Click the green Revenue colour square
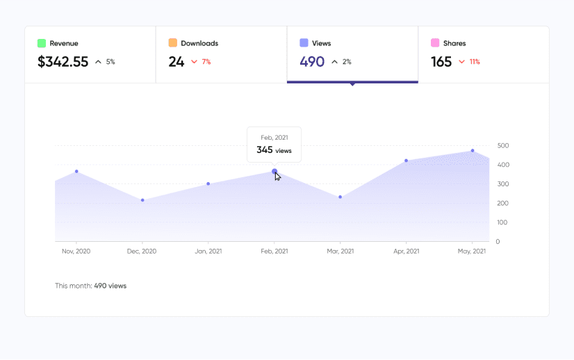[42, 43]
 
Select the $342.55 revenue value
[63, 62]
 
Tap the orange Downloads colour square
[173, 43]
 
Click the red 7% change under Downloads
[206, 62]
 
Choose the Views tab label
[322, 43]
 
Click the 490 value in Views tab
[312, 62]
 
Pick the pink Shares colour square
[435, 43]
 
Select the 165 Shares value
[441, 62]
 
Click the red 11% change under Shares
[475, 62]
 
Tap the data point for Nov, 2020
[76, 171]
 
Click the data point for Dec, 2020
[142, 200]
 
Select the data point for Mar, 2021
[340, 197]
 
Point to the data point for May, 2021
[473, 151]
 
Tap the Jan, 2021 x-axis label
[208, 251]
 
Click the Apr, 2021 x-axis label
[406, 251]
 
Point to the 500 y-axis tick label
[503, 146]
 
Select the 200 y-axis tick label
[503, 204]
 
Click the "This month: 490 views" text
[91, 286]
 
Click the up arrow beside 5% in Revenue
[98, 62]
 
